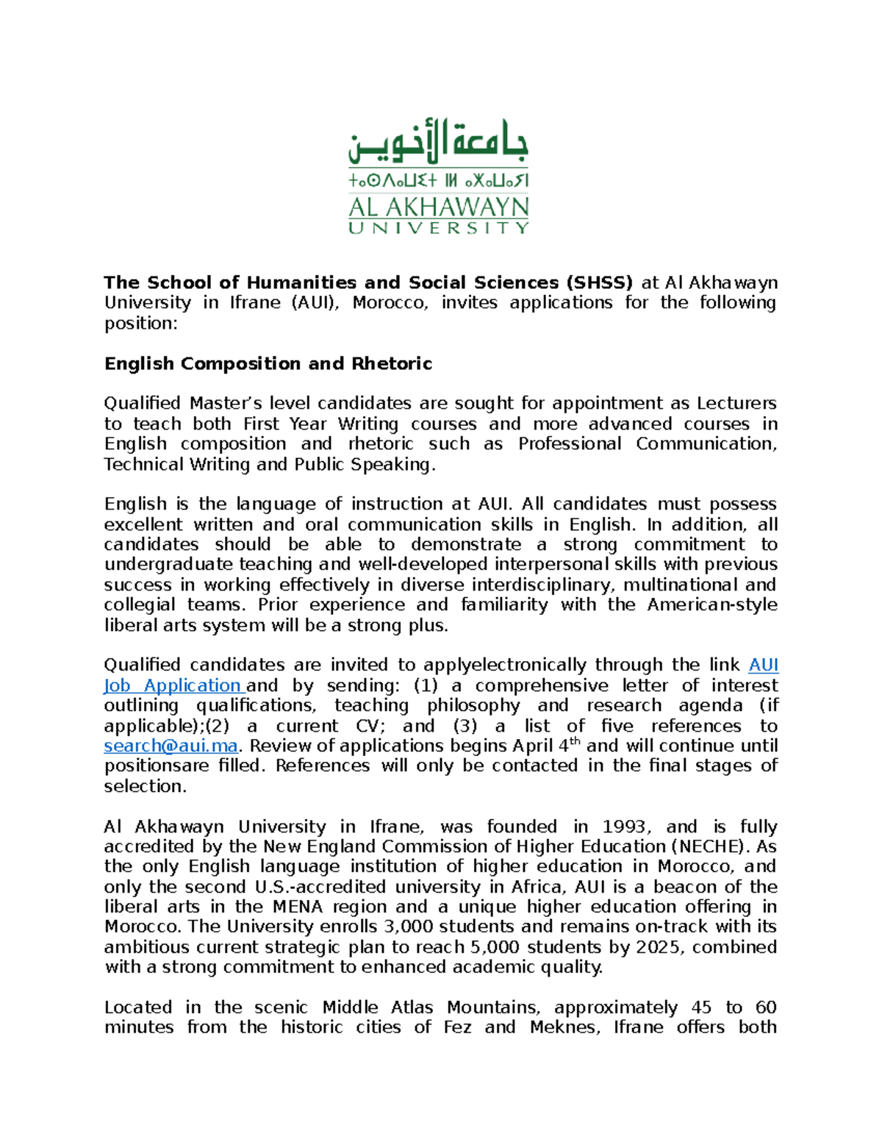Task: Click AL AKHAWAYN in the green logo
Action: (438, 207)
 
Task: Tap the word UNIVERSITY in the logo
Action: (438, 229)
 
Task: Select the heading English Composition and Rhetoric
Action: (268, 364)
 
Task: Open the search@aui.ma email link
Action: (171, 746)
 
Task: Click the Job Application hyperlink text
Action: (173, 686)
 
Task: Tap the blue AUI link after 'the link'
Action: (763, 665)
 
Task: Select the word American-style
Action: (711, 605)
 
